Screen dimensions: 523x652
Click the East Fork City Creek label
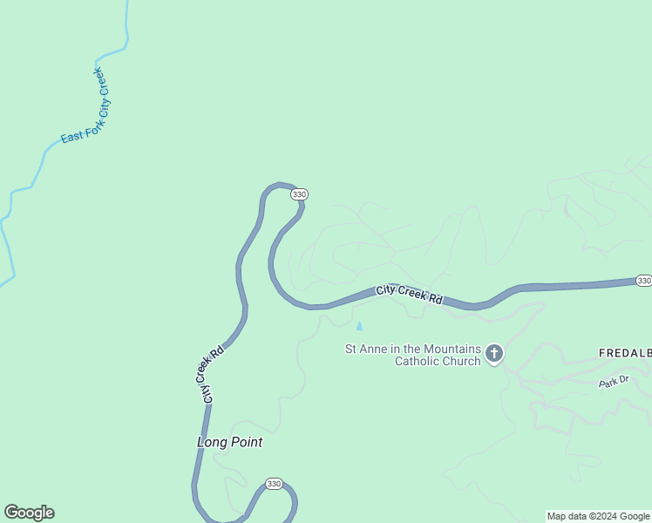coord(88,106)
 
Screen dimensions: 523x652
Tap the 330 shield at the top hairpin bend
coord(299,194)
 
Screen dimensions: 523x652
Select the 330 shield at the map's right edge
coord(643,281)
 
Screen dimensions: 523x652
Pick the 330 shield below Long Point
coord(274,484)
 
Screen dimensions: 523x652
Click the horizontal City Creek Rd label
coord(410,295)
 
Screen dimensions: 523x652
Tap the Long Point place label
coord(229,442)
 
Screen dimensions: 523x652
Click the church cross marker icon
coord(494,353)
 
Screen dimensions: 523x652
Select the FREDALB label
coord(624,353)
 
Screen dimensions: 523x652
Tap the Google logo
coord(29,513)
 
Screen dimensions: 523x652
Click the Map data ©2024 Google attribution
coord(599,516)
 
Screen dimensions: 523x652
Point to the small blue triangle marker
coord(359,326)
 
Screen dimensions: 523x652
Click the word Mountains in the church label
coord(449,350)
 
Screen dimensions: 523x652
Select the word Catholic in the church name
coord(417,361)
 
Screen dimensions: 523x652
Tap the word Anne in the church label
coord(377,350)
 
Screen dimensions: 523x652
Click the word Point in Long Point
coord(247,442)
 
